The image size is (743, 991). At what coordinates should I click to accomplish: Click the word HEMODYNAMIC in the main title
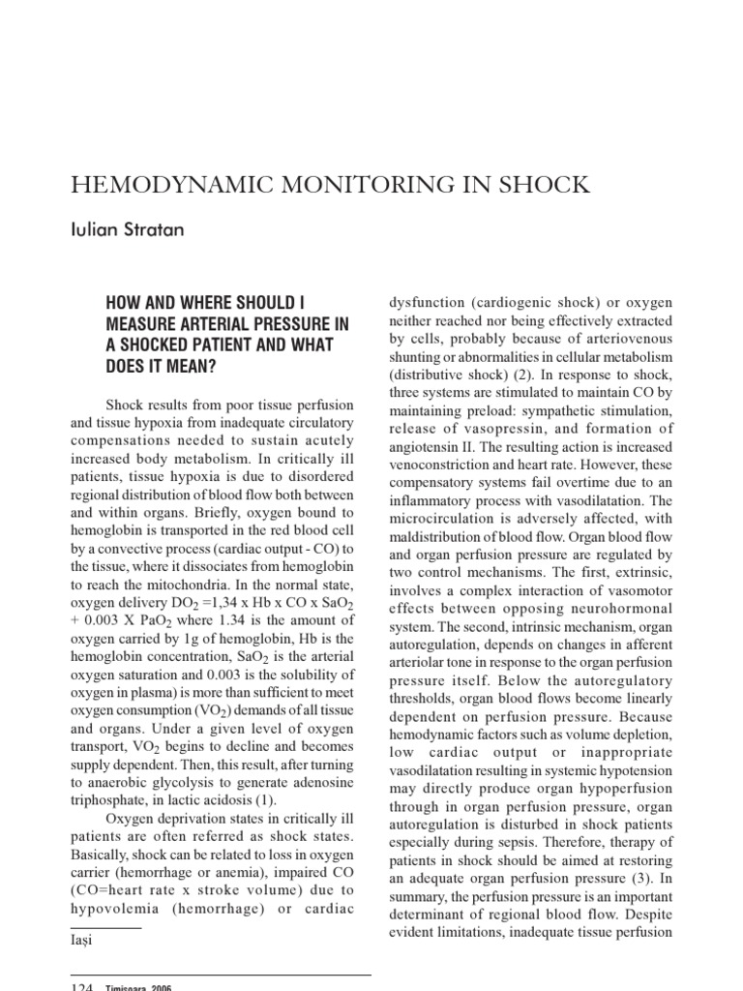163,185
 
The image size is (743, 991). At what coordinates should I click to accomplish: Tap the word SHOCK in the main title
541,185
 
